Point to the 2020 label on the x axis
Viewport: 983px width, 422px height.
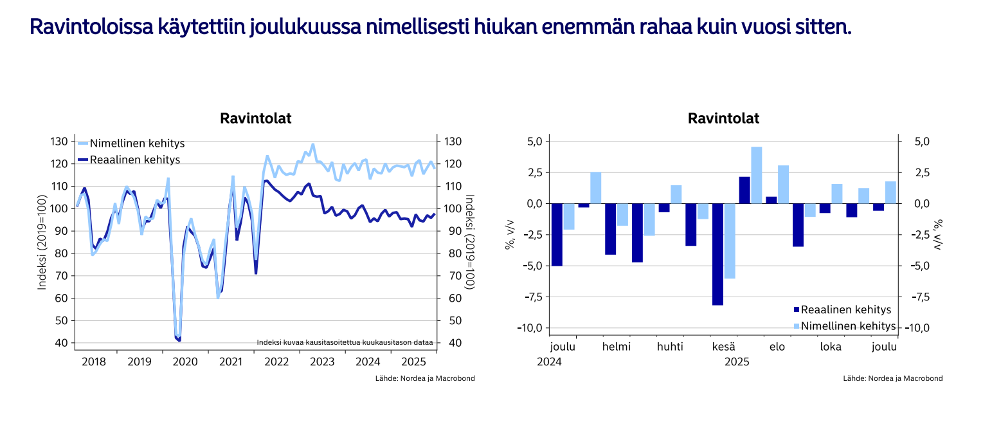click(x=185, y=362)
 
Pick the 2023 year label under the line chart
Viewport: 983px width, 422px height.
click(x=322, y=362)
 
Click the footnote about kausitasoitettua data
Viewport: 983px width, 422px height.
click(x=345, y=342)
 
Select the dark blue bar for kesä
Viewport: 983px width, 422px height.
click(x=717, y=254)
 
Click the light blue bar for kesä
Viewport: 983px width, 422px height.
click(x=730, y=241)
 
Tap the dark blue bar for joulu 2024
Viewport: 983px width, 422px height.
click(x=557, y=235)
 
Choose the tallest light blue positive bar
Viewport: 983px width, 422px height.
click(x=757, y=175)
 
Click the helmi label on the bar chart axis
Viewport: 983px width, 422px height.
click(x=617, y=347)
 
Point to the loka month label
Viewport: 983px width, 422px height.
click(x=831, y=347)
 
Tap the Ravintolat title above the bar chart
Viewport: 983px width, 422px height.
click(x=723, y=118)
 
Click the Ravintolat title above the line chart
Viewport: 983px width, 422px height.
click(x=256, y=118)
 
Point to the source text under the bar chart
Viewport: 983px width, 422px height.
click(x=893, y=378)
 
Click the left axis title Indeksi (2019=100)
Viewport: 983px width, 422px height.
click(x=42, y=243)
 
